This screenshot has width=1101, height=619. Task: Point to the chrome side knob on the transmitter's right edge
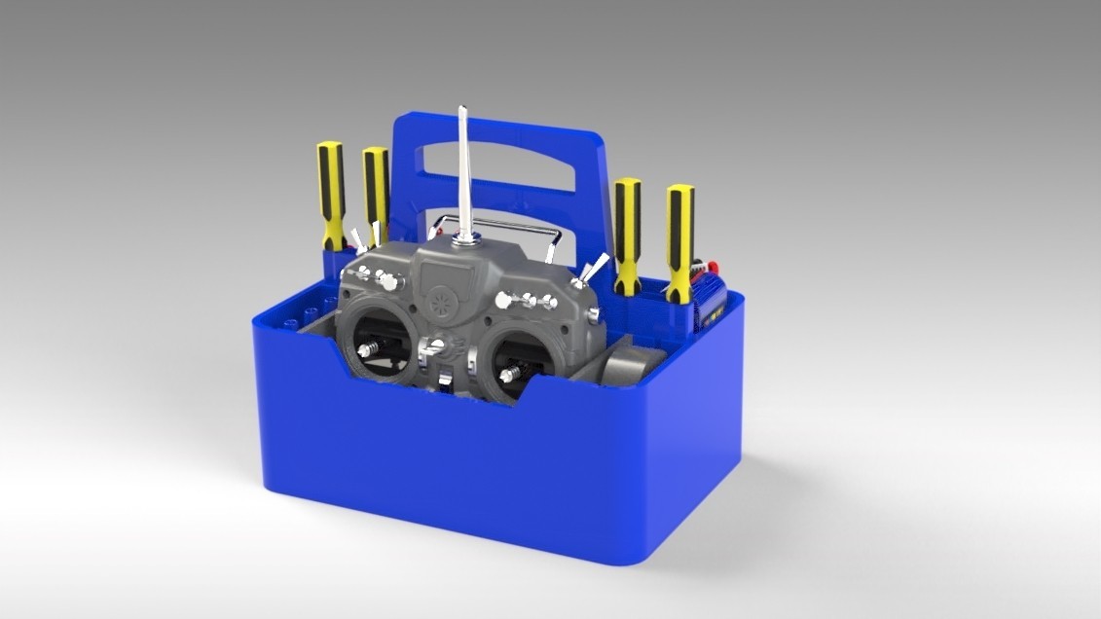[x=593, y=315]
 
